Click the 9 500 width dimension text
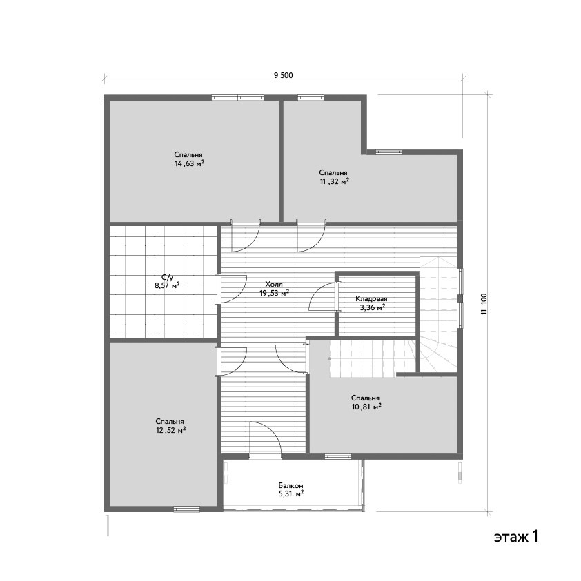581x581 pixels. (283, 75)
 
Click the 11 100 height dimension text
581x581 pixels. (484, 304)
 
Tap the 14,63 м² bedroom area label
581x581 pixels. (190, 164)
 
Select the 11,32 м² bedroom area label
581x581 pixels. (335, 181)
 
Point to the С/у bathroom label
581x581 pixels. (167, 277)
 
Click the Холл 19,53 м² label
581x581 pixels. (274, 289)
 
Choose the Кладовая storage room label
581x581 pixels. (371, 298)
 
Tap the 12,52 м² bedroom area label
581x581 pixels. (170, 431)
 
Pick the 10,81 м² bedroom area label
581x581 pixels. (366, 407)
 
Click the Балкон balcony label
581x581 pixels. (291, 485)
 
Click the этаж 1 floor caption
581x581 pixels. (515, 536)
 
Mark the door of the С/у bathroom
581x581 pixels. (232, 289)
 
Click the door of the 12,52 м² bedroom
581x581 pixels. (232, 362)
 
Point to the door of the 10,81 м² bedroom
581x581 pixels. (293, 358)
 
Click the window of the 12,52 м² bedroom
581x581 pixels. (187, 509)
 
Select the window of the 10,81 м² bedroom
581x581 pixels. (338, 456)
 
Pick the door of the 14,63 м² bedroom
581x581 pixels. (246, 236)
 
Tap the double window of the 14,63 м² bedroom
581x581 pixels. (238, 98)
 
